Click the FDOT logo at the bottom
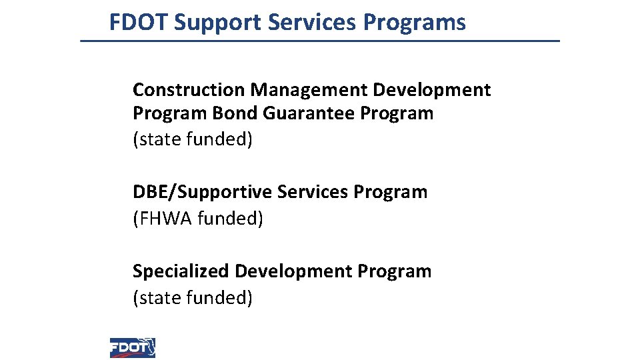pos(133,347)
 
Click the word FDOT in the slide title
pos(139,23)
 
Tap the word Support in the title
pos(218,23)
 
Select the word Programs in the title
pos(415,23)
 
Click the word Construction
pos(189,90)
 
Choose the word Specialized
pos(181,272)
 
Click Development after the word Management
pos(432,90)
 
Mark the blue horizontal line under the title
pos(320,41)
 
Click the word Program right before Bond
pos(170,114)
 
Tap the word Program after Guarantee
pos(397,114)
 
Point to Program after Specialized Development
pos(395,272)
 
